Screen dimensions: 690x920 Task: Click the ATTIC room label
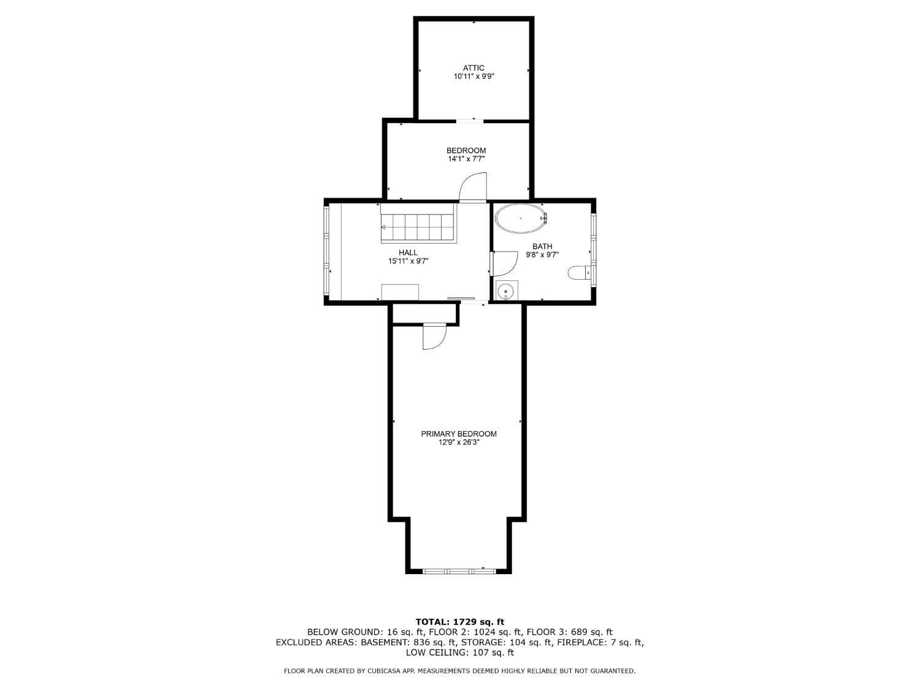tap(473, 68)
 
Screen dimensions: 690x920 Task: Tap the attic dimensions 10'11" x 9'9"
tap(473, 77)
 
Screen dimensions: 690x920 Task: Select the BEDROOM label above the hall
tap(466, 150)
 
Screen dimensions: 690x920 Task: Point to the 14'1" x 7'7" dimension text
tap(466, 159)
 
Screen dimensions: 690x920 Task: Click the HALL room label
tap(408, 252)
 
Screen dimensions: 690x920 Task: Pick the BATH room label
tap(542, 247)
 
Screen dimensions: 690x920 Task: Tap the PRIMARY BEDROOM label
tap(459, 434)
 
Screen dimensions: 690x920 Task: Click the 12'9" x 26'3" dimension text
tap(459, 442)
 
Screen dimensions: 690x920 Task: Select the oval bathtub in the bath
tap(521, 218)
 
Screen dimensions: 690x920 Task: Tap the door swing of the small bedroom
tap(473, 187)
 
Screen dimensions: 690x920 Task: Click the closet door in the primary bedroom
tap(434, 337)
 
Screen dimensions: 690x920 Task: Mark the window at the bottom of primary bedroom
tap(459, 571)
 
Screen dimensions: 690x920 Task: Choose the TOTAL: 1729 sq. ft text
tap(459, 622)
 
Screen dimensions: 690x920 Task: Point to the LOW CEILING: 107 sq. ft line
tap(459, 653)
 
